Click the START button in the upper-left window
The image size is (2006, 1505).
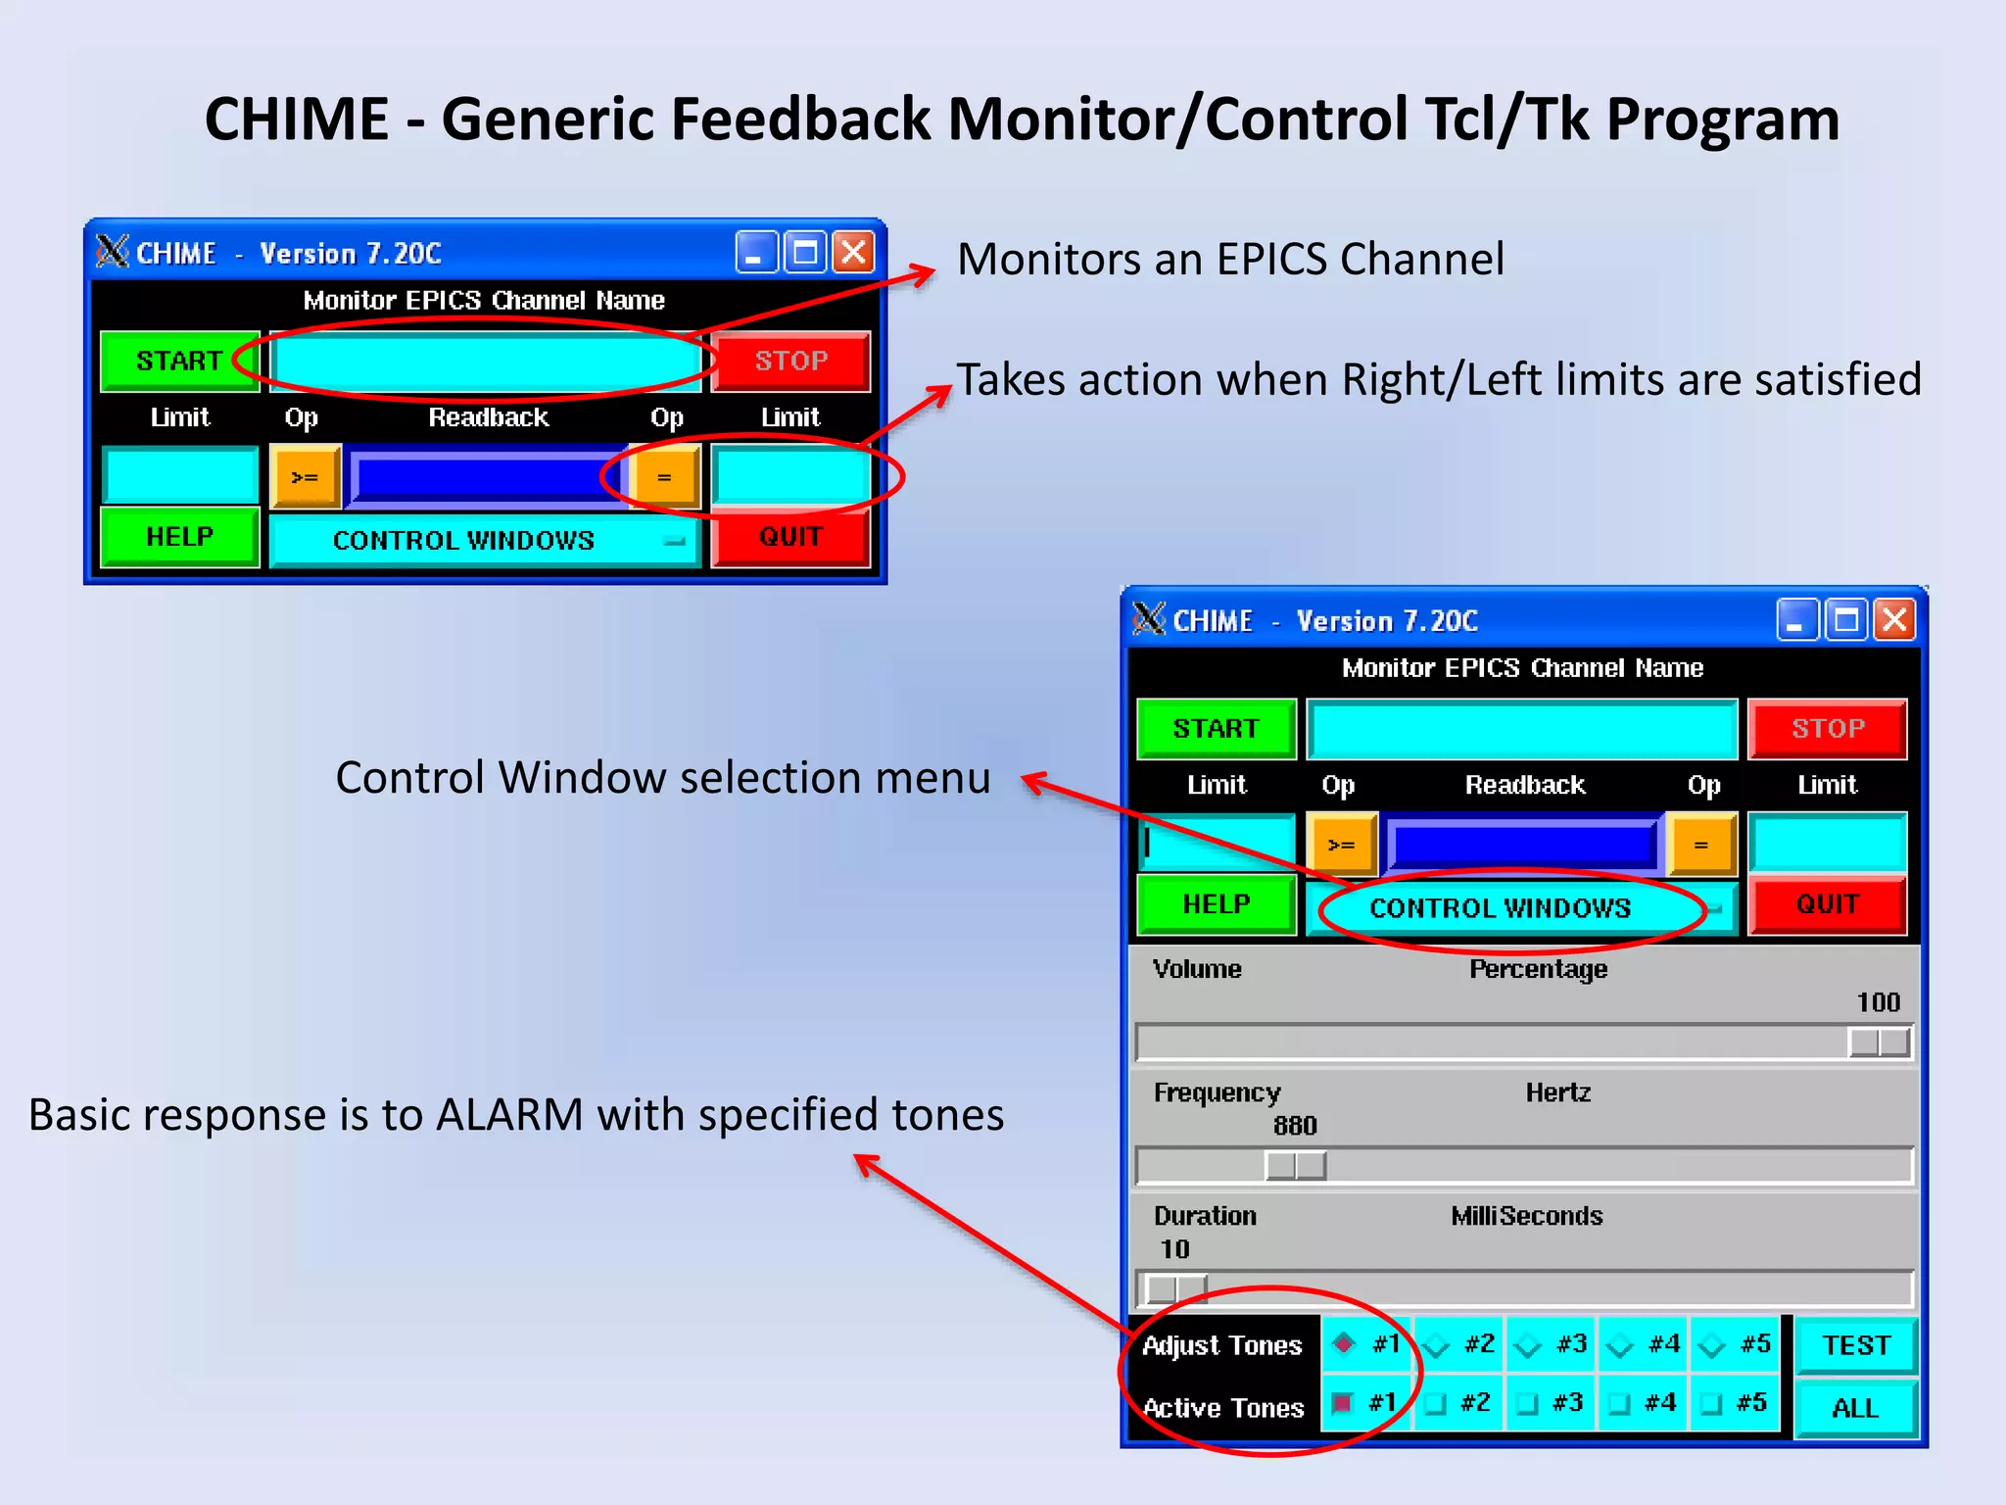point(179,361)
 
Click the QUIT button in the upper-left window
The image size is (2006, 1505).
point(789,537)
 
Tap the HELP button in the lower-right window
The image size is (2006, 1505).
point(1216,904)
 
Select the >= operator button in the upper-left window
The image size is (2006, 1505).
point(305,477)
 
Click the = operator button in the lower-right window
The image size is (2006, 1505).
point(1701,845)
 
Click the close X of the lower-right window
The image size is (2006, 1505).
point(1894,620)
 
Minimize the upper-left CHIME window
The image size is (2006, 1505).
point(754,253)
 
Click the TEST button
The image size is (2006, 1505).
point(1855,1345)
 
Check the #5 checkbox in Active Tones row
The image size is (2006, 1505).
point(1711,1404)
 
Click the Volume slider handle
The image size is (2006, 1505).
point(1879,1043)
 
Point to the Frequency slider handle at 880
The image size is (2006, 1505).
point(1295,1166)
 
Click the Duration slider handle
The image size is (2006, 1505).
point(1175,1287)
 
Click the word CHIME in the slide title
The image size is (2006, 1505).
point(296,120)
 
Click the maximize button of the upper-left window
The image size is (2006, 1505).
point(805,253)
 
